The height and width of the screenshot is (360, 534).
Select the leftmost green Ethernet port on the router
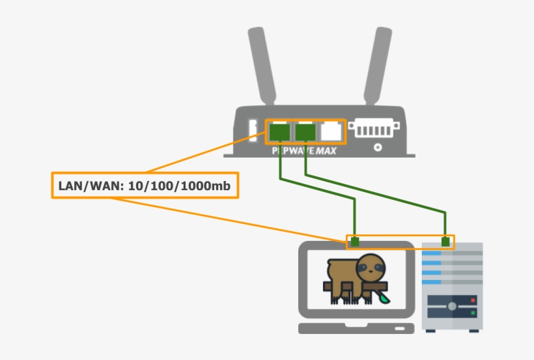[279, 132]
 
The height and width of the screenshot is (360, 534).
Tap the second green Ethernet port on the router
[305, 132]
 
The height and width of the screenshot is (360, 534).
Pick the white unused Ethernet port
[331, 132]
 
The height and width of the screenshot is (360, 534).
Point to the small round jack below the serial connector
[378, 148]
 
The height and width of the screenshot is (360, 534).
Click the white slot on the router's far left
[253, 130]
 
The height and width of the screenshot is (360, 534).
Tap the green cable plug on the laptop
[355, 242]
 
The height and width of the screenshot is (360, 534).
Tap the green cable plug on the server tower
[446, 242]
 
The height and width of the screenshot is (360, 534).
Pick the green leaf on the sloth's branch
[385, 297]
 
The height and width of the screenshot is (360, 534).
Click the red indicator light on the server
[472, 300]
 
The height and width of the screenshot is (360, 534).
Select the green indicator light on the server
[472, 314]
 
